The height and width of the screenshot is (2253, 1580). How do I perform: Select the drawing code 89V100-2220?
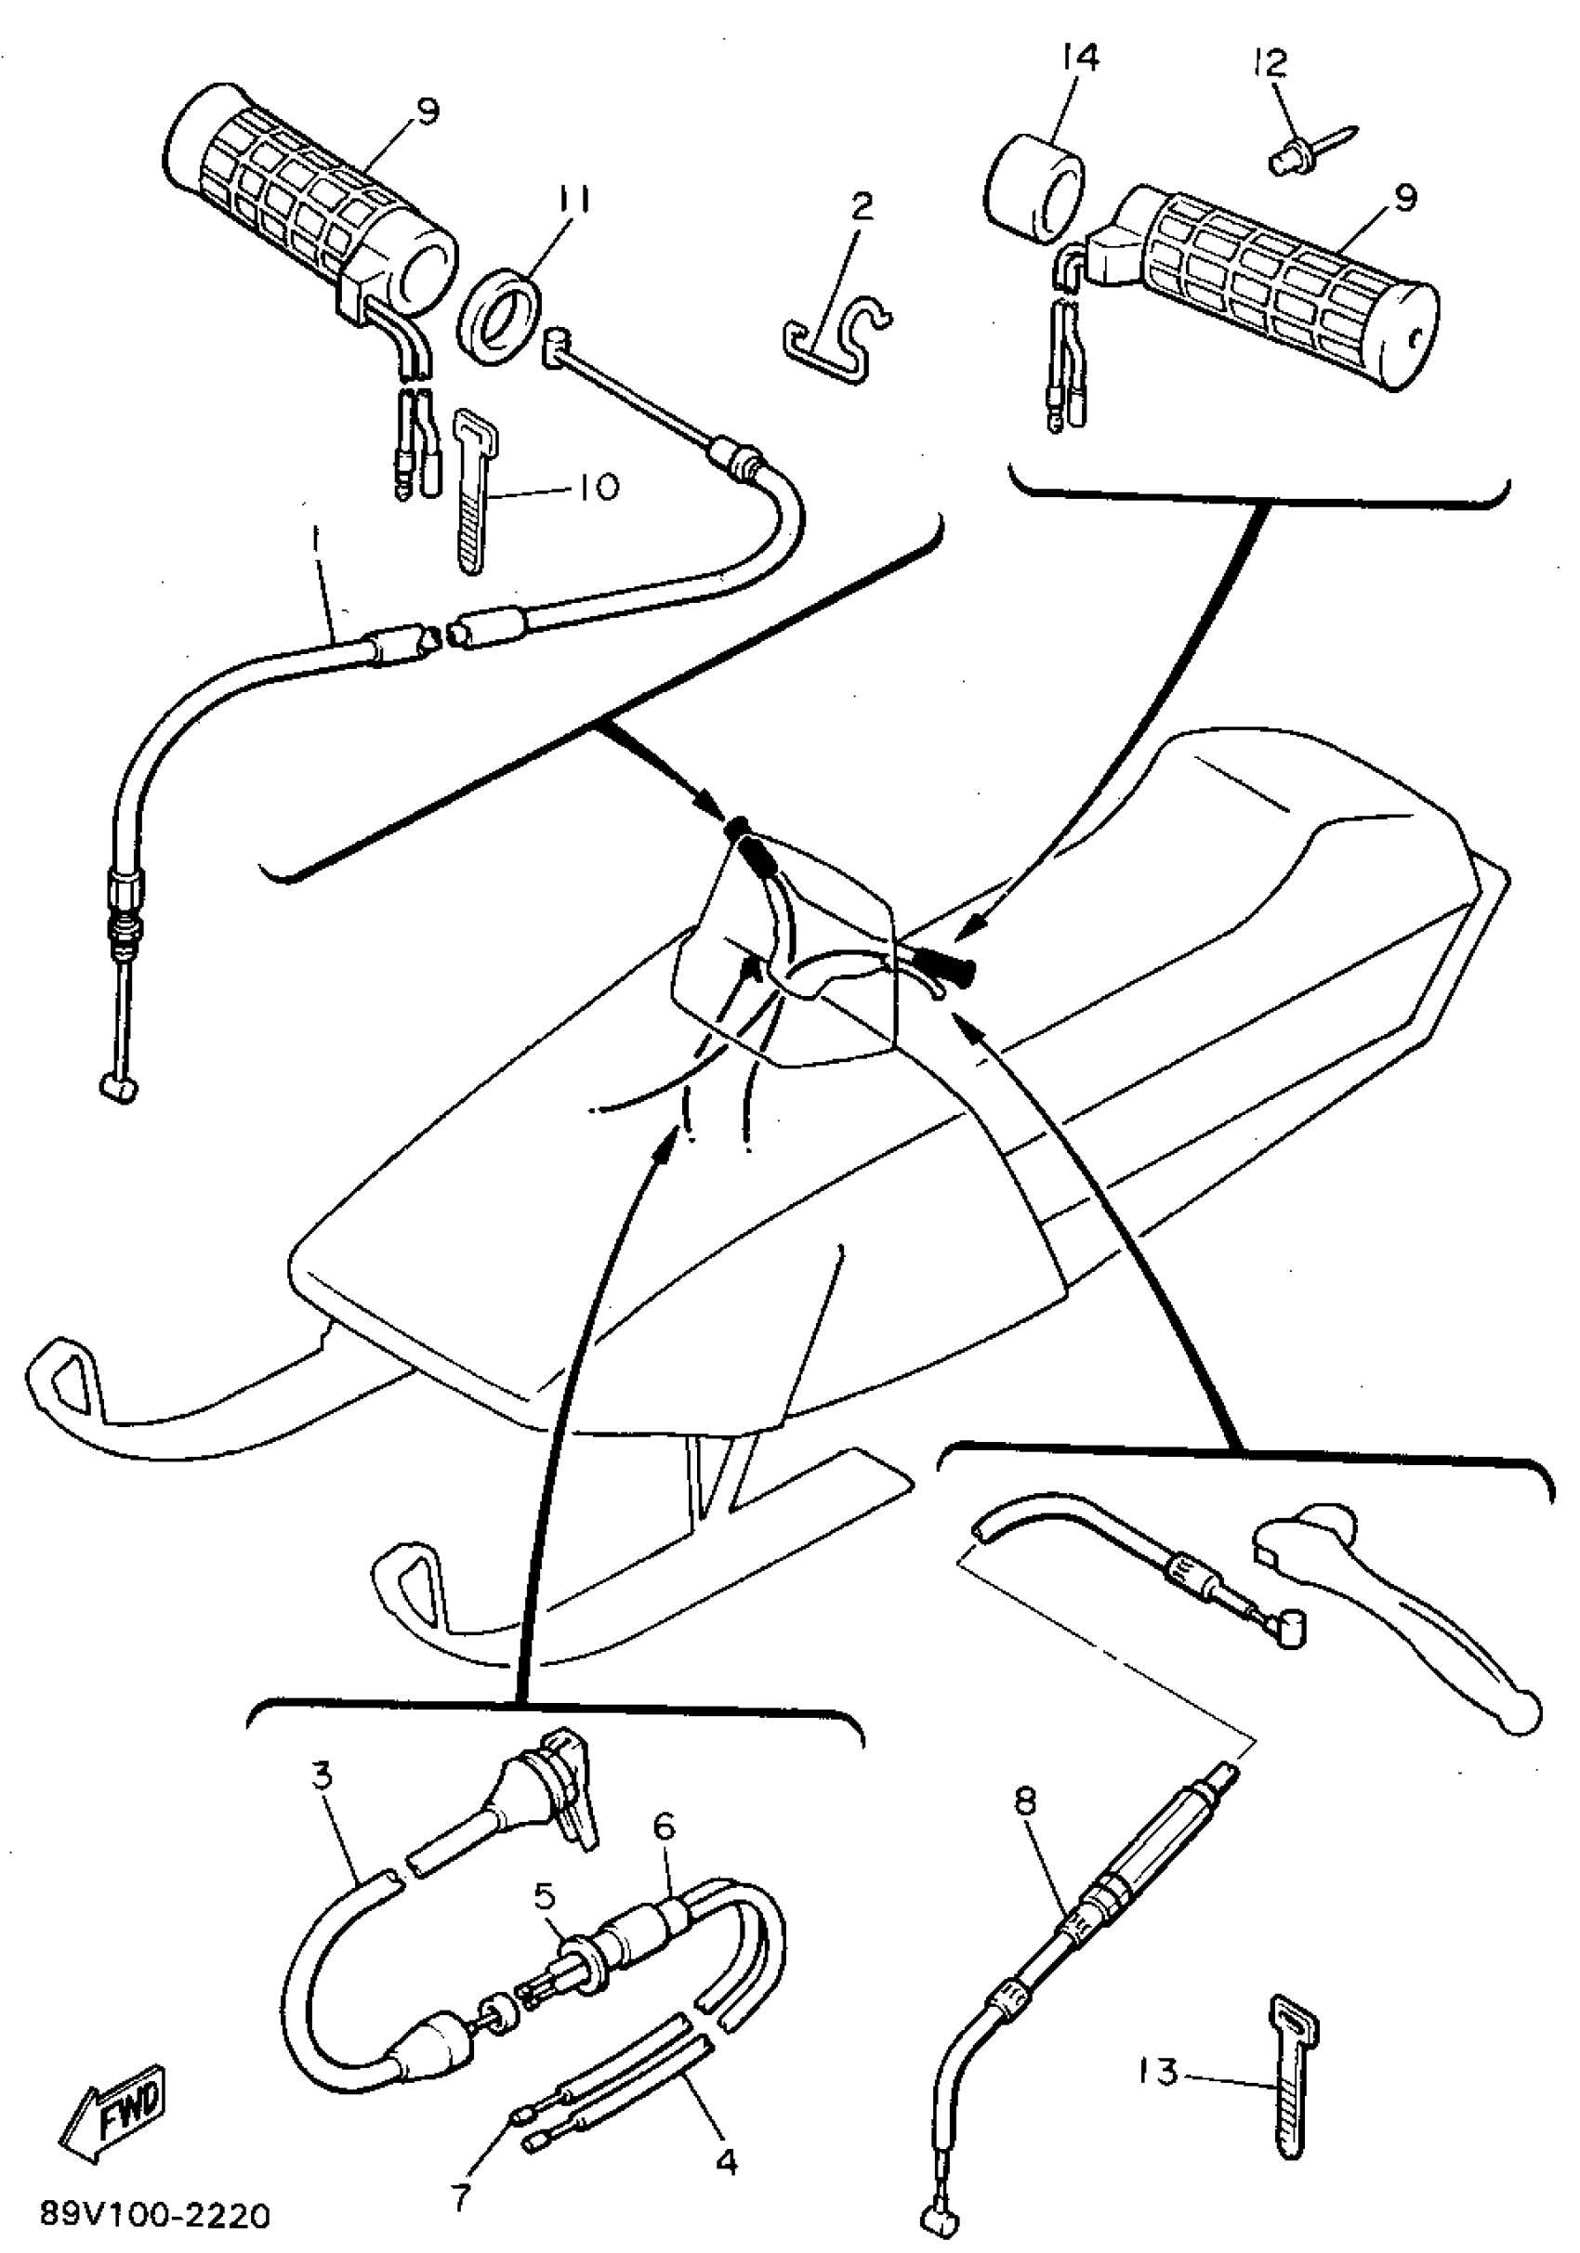[155, 2216]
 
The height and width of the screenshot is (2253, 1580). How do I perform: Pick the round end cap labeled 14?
[1034, 190]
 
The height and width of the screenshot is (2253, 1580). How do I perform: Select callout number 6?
[665, 1827]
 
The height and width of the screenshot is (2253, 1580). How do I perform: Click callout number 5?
[545, 1893]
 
